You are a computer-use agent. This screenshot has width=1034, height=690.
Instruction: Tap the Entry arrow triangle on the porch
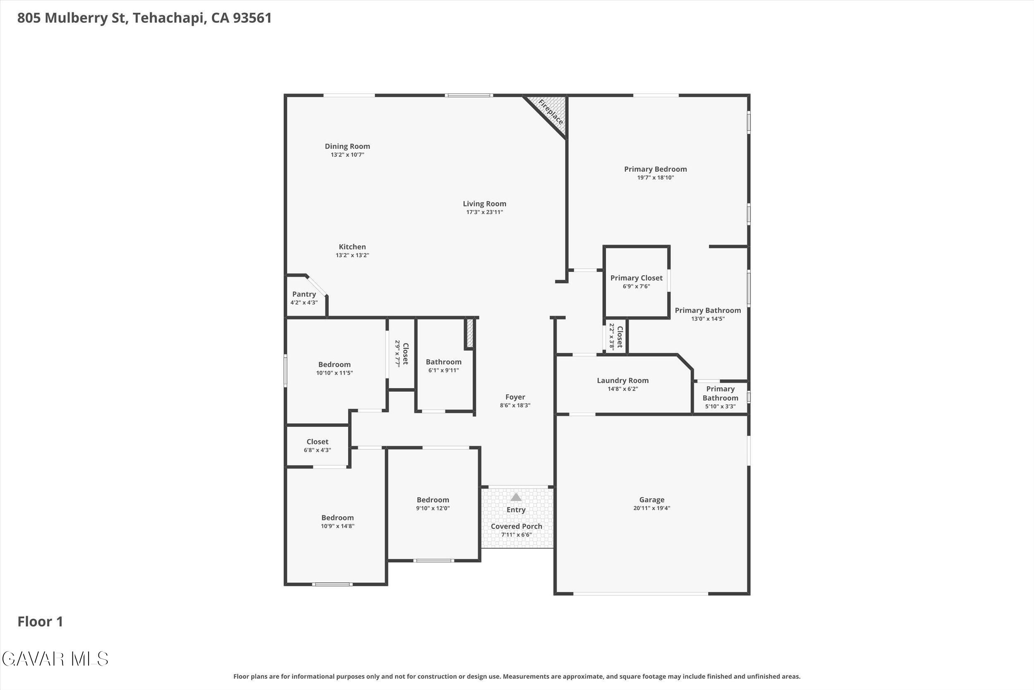point(516,497)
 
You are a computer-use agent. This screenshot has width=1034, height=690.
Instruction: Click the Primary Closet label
point(636,278)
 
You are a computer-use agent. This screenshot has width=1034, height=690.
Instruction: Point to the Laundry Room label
point(622,381)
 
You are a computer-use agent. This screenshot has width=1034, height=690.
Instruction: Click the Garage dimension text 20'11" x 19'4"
point(651,508)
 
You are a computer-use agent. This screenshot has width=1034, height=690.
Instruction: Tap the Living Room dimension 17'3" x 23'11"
point(484,212)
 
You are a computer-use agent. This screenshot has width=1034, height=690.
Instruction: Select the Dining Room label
point(347,147)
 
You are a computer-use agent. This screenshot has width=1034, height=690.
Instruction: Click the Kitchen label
point(352,247)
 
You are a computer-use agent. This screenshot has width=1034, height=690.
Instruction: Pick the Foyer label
point(515,397)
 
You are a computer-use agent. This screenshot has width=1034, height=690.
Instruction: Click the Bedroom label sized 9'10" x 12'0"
point(433,500)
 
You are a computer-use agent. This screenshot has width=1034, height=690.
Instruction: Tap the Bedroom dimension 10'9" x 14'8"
point(337,526)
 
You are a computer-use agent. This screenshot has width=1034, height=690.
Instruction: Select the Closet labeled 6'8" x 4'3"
point(317,442)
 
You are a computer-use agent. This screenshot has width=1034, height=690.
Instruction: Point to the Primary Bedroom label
point(656,169)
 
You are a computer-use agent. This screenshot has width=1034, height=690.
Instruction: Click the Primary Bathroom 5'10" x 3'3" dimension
point(720,406)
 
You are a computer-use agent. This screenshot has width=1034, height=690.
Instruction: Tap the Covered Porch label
point(517,527)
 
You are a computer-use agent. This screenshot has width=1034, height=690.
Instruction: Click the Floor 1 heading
point(41,622)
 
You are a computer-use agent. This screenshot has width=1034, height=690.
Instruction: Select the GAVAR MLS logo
point(55,659)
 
